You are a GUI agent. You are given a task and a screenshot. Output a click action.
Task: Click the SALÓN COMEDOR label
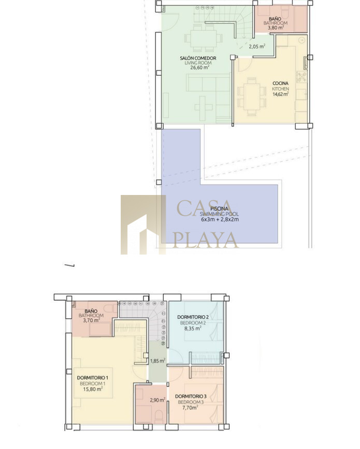pos(198,58)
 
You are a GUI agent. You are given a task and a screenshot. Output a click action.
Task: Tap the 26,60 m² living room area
pos(199,67)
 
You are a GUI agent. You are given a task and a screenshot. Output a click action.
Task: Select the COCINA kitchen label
pos(280,83)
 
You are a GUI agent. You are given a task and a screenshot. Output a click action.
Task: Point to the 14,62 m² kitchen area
pos(280,94)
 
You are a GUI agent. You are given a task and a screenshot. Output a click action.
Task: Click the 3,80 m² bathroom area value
pos(276,28)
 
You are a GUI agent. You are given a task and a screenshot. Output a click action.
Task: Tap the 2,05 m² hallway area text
pos(257,46)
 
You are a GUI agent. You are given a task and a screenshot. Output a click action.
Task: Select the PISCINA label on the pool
pos(219,209)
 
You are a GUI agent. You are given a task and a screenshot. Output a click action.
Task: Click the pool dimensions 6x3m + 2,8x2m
pos(220,220)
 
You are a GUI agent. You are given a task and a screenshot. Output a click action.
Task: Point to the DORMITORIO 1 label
pos(92,378)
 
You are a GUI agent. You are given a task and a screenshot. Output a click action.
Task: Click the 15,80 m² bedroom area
pos(93,389)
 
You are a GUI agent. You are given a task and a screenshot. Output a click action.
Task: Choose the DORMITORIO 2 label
pos(193,317)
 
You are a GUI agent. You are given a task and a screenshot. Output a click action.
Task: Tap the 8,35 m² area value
pos(193,328)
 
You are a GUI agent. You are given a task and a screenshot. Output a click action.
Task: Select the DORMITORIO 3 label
pos(191,396)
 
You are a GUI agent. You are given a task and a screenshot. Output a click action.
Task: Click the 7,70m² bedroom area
pos(190,408)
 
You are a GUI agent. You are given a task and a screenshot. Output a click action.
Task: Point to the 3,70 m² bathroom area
pos(92,320)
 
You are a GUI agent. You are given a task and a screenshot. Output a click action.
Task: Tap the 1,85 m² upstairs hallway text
pos(157,361)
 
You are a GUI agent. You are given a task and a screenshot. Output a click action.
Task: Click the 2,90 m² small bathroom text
pos(157,400)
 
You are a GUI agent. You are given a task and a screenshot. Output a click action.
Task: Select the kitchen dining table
pos(252,97)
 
